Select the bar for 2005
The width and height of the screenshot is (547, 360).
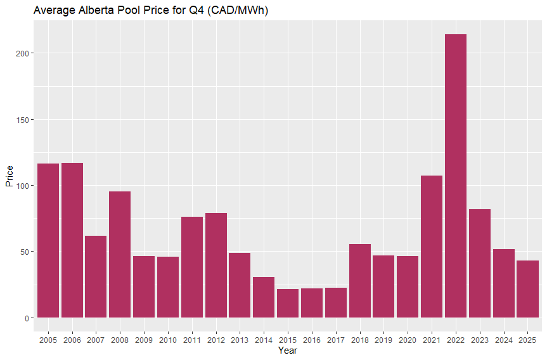point(48,241)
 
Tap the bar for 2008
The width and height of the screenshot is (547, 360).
point(120,254)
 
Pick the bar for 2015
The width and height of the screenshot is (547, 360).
point(288,303)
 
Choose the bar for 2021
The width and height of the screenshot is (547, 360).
point(432,247)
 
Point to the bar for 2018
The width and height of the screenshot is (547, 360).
point(359,281)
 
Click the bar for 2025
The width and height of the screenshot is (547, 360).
point(527,289)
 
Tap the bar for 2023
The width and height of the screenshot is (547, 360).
point(479,263)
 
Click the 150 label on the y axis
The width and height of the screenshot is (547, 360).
point(20,120)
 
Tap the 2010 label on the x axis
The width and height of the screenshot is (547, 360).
point(168,340)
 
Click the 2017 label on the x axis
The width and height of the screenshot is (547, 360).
point(335,340)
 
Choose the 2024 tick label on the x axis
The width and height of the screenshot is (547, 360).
point(503,340)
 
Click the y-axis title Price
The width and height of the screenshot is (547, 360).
point(9,176)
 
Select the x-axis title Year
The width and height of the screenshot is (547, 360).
point(288,350)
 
